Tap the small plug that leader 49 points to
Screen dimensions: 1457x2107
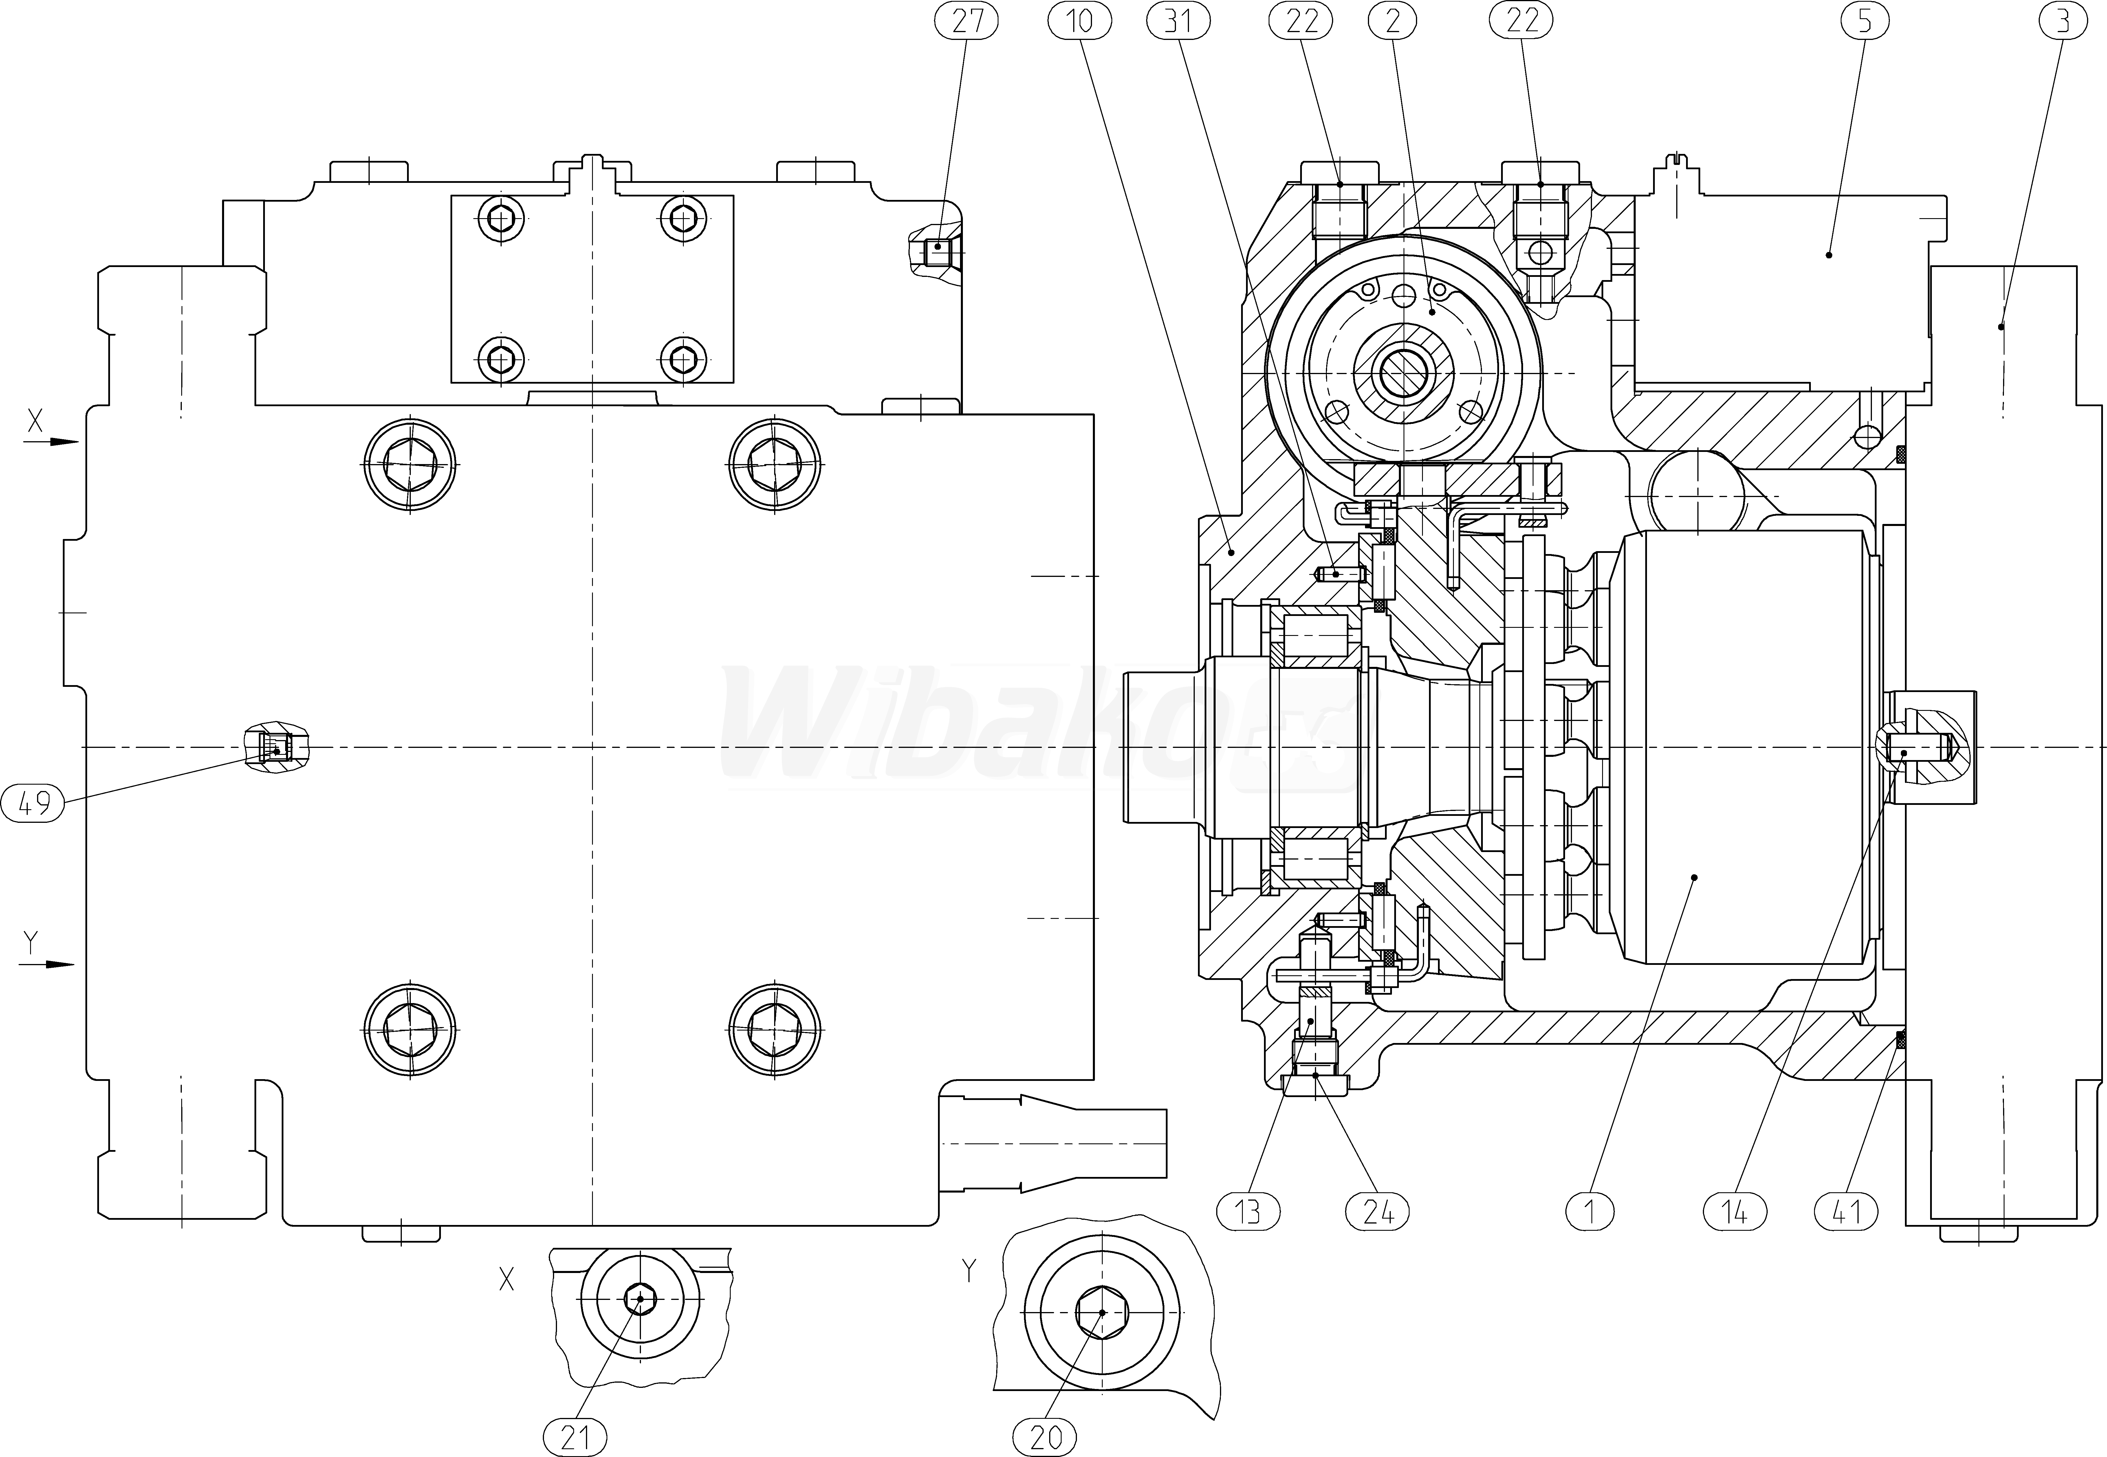click(276, 750)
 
